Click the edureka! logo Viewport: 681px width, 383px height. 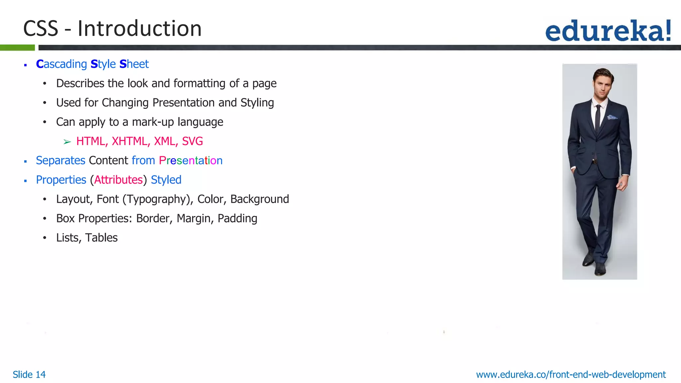pyautogui.click(x=608, y=31)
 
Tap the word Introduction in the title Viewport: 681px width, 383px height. pyautogui.click(x=140, y=29)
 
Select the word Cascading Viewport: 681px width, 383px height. pyautogui.click(x=62, y=64)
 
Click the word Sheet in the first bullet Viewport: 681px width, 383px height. pyautogui.click(x=134, y=64)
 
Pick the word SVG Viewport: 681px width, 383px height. pyautogui.click(x=192, y=141)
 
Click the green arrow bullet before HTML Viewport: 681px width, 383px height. pyautogui.click(x=67, y=142)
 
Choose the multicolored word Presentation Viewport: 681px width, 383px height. pyautogui.click(x=191, y=161)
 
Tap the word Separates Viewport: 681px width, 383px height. pyautogui.click(x=61, y=161)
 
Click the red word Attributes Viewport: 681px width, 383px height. pyautogui.click(x=118, y=180)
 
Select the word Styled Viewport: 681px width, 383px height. pyautogui.click(x=166, y=180)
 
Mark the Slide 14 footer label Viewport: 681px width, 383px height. pyautogui.click(x=29, y=375)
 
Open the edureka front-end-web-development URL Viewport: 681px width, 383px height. pyautogui.click(x=571, y=375)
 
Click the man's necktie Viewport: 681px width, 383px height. pyautogui.click(x=598, y=118)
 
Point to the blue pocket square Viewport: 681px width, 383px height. pyautogui.click(x=612, y=117)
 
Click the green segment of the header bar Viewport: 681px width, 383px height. pyautogui.click(x=17, y=48)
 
